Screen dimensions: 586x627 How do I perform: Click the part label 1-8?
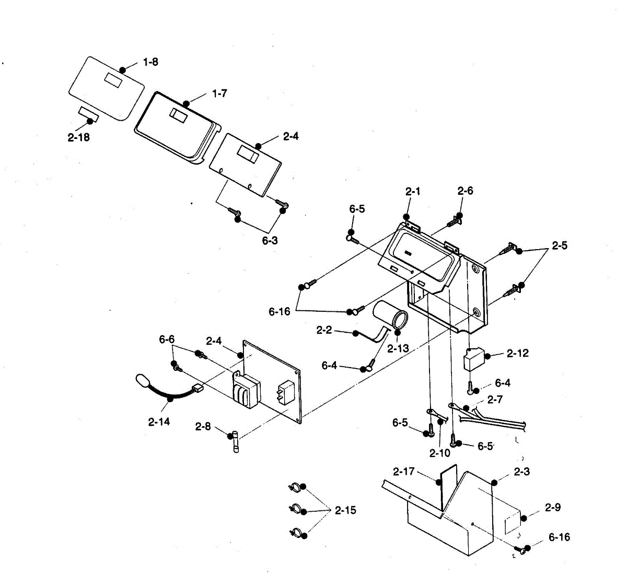(150, 62)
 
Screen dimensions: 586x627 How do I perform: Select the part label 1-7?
(219, 93)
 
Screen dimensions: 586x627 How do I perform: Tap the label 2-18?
(78, 138)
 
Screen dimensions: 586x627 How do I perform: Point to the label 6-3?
(270, 241)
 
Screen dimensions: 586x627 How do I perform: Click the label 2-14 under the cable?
(159, 421)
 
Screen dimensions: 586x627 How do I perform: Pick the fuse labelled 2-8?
(238, 441)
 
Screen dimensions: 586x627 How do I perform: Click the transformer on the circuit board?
(246, 389)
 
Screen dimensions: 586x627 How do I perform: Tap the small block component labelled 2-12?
(474, 360)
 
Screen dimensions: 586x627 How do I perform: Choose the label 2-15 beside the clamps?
(345, 510)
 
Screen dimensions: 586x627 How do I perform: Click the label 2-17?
(403, 472)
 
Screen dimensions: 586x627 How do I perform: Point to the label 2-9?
(553, 507)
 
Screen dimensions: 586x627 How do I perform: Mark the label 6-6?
(167, 339)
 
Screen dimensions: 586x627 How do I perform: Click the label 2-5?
(559, 245)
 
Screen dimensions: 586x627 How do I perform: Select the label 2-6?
(465, 191)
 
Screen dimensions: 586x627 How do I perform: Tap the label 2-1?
(413, 192)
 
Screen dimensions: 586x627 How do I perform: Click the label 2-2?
(324, 330)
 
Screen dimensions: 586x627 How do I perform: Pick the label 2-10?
(439, 453)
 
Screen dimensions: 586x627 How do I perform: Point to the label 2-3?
(521, 472)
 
